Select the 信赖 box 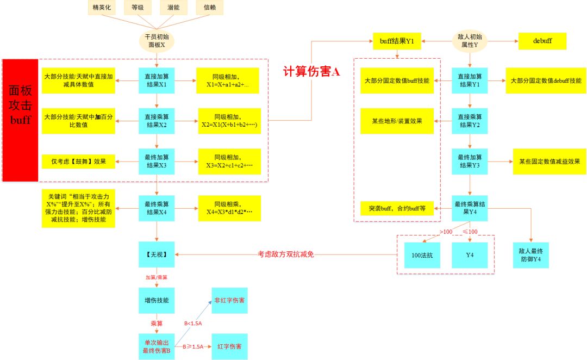pos(209,8)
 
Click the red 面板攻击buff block pos(20,120)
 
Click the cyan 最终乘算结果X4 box pos(157,208)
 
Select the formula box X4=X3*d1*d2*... pos(229,208)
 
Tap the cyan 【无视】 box pos(157,255)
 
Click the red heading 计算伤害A pos(311,72)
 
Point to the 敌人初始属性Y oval pos(470,41)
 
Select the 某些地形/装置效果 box pos(397,121)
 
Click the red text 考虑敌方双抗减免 pos(285,255)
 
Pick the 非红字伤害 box pos(229,301)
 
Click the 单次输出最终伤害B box pos(157,346)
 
